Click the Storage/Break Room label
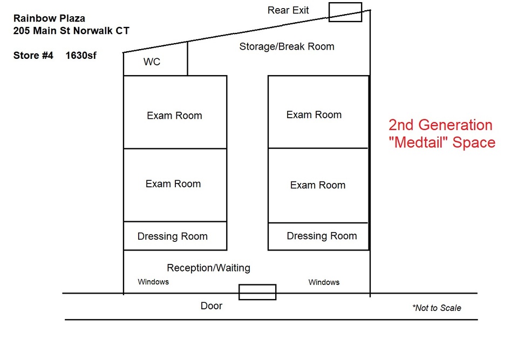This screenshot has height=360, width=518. coord(287,46)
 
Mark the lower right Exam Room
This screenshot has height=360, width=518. coord(318,186)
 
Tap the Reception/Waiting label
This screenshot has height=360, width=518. coord(208,268)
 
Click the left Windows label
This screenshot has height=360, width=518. coord(153,282)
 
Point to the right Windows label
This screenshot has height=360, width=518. coord(324,282)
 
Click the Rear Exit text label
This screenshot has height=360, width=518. coord(288,10)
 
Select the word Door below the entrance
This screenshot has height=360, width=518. coord(212,306)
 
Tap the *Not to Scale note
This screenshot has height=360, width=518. coord(437,308)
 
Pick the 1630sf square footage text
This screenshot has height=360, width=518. coord(81,55)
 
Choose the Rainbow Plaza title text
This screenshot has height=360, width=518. coord(49,18)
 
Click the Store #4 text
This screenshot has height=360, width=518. coord(33,55)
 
